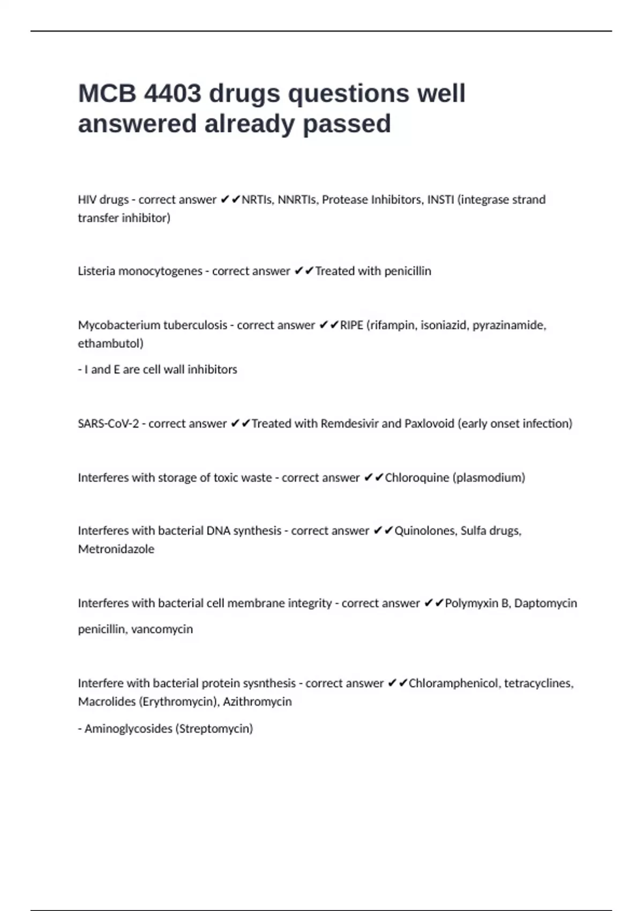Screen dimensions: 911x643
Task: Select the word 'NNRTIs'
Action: pyautogui.click(x=297, y=200)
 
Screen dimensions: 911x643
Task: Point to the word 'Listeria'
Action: pyautogui.click(x=96, y=271)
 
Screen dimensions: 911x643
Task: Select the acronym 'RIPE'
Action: pyautogui.click(x=352, y=325)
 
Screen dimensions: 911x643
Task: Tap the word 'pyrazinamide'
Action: pyautogui.click(x=509, y=325)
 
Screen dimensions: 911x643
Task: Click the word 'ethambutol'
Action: pyautogui.click(x=110, y=344)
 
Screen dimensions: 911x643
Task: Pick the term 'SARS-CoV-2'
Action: pyautogui.click(x=108, y=424)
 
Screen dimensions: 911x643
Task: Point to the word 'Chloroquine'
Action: pyautogui.click(x=417, y=477)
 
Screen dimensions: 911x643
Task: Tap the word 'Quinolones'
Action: pyautogui.click(x=425, y=531)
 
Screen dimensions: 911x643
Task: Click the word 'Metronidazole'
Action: pyautogui.click(x=116, y=549)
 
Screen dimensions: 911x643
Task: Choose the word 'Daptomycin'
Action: pyautogui.click(x=545, y=603)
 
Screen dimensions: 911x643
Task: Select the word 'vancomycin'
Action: pyautogui.click(x=162, y=629)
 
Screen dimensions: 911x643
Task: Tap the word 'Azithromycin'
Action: pyautogui.click(x=257, y=701)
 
